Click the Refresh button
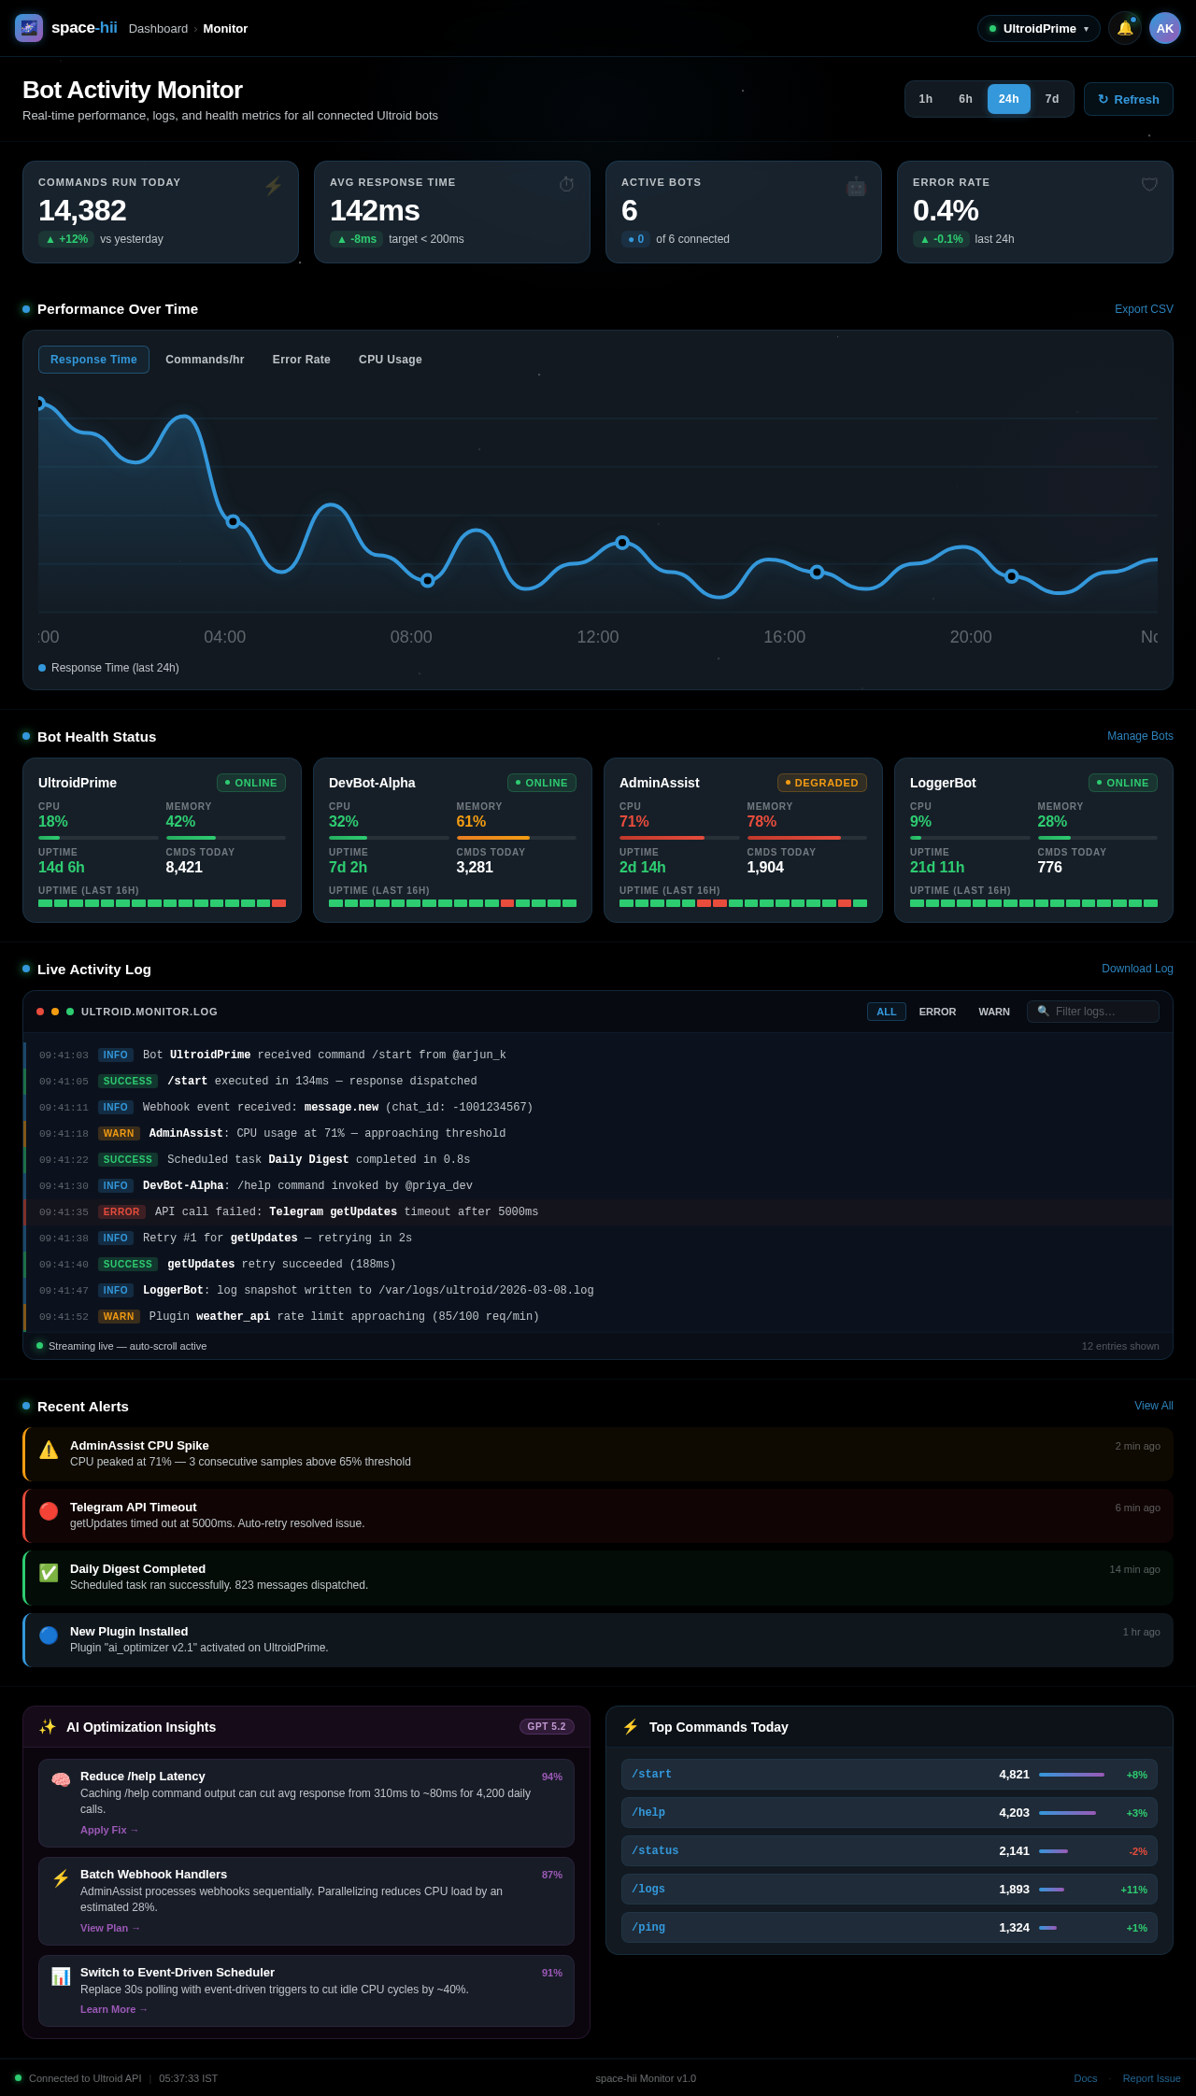[1128, 99]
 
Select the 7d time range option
[1051, 99]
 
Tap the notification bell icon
[1124, 28]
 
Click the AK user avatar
[1164, 28]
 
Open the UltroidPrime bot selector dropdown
[1038, 29]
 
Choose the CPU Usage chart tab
[390, 360]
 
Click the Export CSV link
[1143, 309]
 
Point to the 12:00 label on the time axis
[597, 637]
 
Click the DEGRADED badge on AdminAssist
[821, 783]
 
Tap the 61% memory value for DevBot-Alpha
[471, 822]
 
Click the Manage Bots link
[1139, 736]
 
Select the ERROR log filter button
[936, 1012]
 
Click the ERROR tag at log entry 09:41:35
[121, 1211]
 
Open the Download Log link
[1136, 969]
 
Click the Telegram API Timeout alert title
[134, 1508]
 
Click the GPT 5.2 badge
[546, 1726]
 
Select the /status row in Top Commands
[889, 1850]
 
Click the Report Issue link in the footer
[1151, 2078]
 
